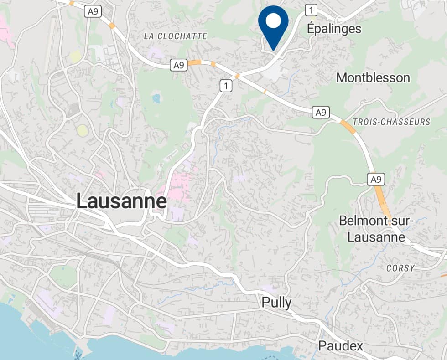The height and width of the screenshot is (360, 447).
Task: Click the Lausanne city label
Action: point(122,201)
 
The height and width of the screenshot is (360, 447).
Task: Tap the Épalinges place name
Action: point(334,29)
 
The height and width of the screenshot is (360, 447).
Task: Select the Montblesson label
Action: point(373,77)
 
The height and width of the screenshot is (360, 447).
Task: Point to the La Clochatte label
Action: point(175,36)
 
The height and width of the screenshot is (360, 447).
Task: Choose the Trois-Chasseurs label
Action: point(391,122)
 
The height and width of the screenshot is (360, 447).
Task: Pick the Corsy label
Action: point(400,268)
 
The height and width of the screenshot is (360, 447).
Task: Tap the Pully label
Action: point(276,303)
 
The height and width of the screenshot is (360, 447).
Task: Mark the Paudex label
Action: point(341,346)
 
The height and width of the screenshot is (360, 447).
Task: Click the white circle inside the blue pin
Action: point(273,21)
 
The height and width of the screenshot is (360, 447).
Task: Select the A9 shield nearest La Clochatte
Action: point(179,65)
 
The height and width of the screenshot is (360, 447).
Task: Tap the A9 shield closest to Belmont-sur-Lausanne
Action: point(375,180)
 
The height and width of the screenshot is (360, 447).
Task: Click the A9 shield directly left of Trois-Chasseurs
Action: point(322,112)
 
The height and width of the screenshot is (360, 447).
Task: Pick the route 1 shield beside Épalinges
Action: point(312,10)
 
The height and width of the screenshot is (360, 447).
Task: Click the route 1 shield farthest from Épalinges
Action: point(225,85)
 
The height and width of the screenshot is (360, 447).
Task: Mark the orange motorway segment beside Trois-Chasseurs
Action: point(348,126)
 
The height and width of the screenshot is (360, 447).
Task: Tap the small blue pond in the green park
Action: point(156,98)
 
